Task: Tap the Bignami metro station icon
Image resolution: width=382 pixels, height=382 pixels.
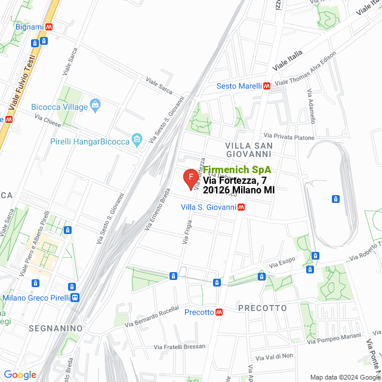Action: tap(49, 27)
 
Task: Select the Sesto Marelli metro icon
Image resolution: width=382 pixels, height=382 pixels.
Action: tap(267, 86)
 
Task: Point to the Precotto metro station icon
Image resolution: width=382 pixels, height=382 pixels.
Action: tap(220, 312)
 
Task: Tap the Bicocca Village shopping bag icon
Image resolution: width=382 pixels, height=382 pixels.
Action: tap(95, 107)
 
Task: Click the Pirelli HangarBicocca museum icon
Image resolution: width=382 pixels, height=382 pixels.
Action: tap(137, 141)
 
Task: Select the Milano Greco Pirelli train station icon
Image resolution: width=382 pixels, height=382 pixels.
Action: tap(74, 298)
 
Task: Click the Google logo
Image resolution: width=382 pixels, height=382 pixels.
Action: tap(20, 375)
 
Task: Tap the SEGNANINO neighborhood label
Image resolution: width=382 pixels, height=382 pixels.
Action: tap(55, 328)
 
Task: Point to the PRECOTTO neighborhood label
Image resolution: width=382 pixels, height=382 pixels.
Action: tap(262, 308)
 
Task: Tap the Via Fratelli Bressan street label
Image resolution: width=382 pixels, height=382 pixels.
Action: tap(179, 346)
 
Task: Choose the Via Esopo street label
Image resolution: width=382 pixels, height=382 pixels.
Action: tap(282, 262)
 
